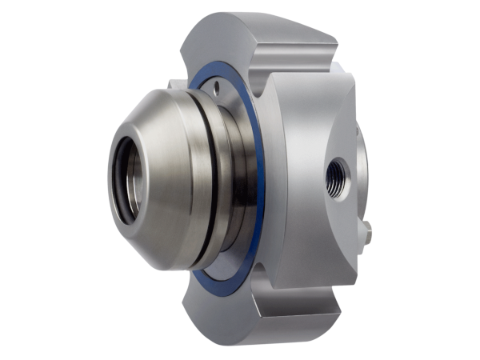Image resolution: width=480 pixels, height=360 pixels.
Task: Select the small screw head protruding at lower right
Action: pos(366,231)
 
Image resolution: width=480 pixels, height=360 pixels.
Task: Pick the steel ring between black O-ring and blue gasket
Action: pos(232,184)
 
